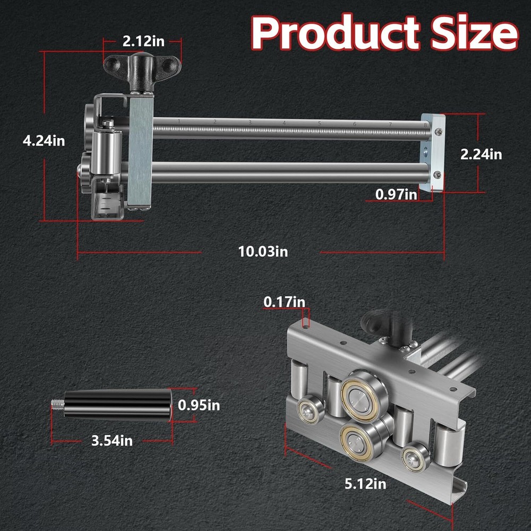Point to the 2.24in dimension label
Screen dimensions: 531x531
(481, 155)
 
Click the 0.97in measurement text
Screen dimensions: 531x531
(396, 194)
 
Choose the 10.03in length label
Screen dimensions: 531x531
(263, 251)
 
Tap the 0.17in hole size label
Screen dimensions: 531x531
(284, 302)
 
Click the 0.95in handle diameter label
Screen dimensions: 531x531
(199, 405)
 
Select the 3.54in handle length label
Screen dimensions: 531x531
(111, 440)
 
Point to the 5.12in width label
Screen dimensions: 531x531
(365, 483)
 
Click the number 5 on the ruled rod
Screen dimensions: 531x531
(319, 123)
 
